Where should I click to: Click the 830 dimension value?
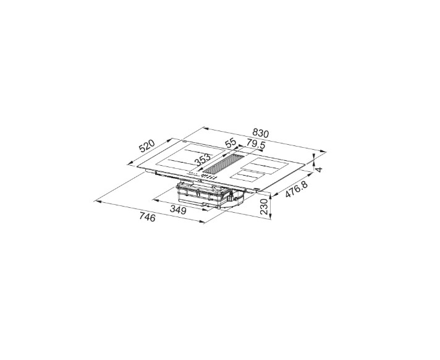[261, 134]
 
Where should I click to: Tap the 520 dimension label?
[146, 147]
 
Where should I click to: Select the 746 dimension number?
[146, 217]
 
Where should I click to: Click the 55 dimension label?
[231, 143]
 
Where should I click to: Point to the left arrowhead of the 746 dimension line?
[95, 201]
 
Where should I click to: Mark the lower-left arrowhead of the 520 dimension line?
[129, 165]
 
